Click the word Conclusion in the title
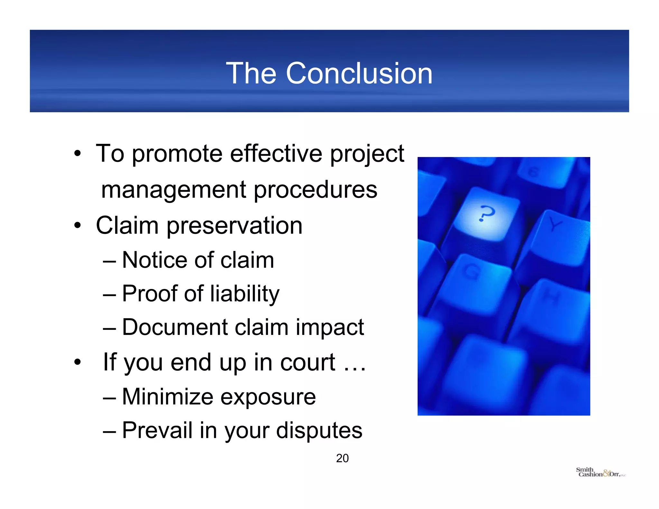[x=359, y=74]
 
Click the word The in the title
[x=251, y=74]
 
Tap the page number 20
[x=342, y=458]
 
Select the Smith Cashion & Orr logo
[x=600, y=472]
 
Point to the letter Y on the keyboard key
[x=554, y=224]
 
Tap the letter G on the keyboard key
[x=471, y=271]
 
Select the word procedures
[x=316, y=190]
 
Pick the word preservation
[x=235, y=226]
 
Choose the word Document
[x=175, y=327]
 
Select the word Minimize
[x=168, y=397]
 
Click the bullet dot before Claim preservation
[x=77, y=226]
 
